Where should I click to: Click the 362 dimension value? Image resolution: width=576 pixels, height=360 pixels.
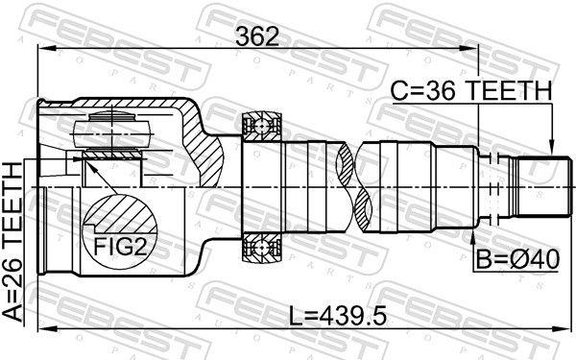click(257, 36)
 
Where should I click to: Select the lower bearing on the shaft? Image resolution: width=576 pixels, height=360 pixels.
click(261, 249)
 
